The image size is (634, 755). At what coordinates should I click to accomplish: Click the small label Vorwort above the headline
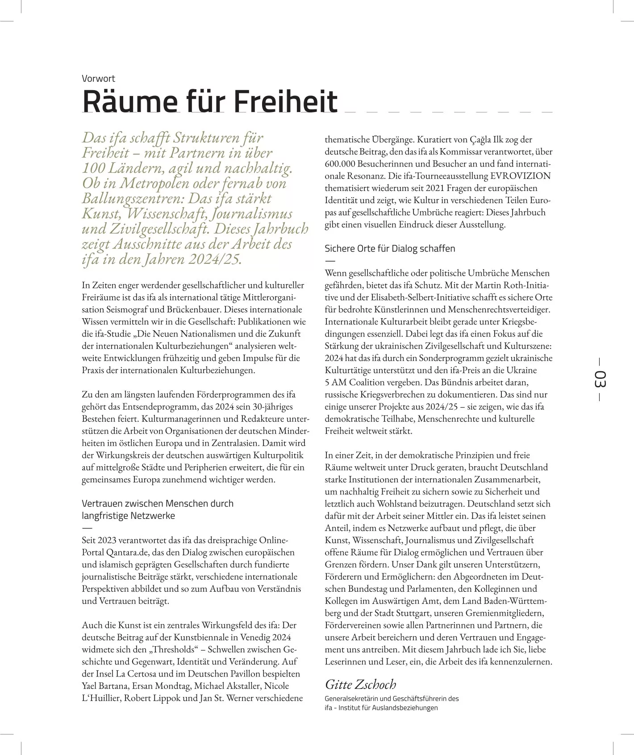click(x=98, y=79)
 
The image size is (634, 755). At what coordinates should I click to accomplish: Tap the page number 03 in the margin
click(x=600, y=379)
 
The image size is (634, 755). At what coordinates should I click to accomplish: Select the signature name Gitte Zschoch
click(x=360, y=684)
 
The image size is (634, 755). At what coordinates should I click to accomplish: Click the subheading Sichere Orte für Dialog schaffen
click(x=390, y=249)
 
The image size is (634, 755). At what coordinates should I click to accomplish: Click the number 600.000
click(x=340, y=164)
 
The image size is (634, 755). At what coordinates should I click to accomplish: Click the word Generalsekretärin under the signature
click(x=351, y=698)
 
